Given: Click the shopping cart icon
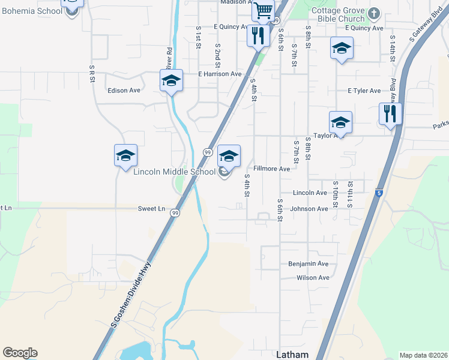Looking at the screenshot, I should tap(263, 10).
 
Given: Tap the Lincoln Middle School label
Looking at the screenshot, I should tap(174, 172).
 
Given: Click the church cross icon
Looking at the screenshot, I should tap(374, 13).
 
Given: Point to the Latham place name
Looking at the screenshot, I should tap(292, 355).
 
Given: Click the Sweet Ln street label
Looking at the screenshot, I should tap(151, 209).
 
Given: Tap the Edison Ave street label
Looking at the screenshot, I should tap(123, 91).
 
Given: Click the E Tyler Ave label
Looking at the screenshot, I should tap(364, 91).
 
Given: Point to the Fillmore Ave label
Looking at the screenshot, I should tap(271, 169).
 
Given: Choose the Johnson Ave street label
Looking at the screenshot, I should tap(309, 209).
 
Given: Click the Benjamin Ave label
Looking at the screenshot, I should tap(309, 263).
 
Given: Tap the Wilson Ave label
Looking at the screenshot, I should tap(313, 278).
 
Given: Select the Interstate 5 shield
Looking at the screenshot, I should tap(379, 193).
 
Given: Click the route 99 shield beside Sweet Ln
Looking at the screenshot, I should tap(175, 213).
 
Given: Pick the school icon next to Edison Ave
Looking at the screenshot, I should tap(171, 80).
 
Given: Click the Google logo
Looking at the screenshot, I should tap(20, 353).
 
